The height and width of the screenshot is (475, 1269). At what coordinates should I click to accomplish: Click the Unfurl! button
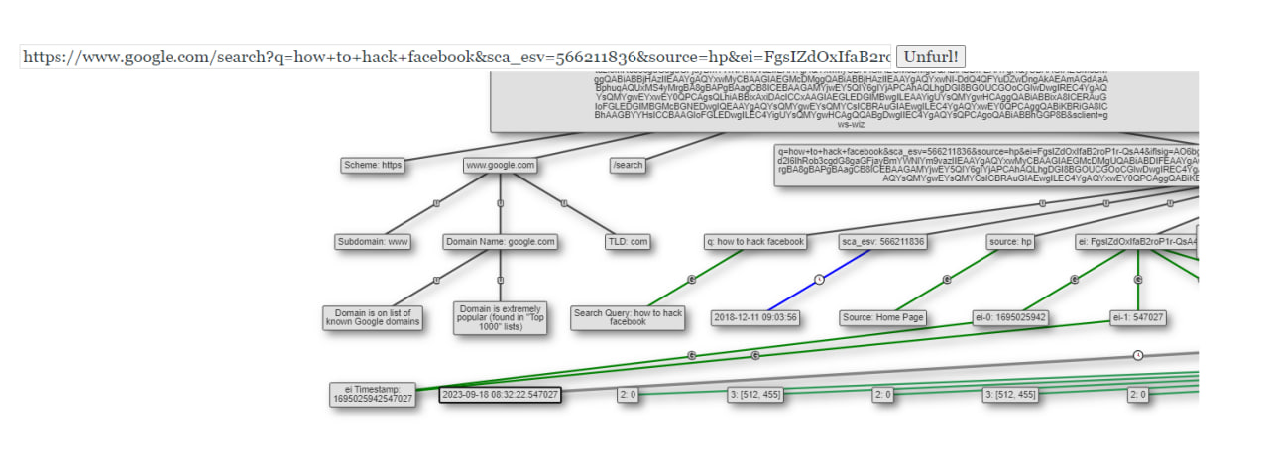pos(932,57)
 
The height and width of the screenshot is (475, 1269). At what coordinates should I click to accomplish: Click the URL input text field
pos(456,57)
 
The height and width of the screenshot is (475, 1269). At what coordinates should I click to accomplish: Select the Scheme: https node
pos(372,165)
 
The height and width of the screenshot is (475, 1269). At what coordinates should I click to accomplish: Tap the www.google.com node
pos(501,165)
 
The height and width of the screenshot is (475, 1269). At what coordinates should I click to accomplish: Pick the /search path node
pos(629,165)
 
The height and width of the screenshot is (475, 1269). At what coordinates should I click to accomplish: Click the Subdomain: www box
pos(372,241)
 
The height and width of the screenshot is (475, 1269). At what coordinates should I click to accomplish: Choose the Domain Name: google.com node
pos(501,241)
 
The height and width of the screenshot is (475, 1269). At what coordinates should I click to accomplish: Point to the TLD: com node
pos(628,241)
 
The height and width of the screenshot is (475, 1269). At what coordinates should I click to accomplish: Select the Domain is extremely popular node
pos(501,317)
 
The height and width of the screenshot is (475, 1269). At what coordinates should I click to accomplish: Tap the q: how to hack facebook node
pos(755,241)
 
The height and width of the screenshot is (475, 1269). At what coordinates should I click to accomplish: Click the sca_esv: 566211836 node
pos(882,241)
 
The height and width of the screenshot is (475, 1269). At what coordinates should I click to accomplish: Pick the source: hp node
pos(1010,241)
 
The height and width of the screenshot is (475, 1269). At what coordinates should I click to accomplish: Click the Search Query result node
pos(628,317)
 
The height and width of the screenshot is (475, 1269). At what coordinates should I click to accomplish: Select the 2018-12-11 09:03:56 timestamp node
pos(755,318)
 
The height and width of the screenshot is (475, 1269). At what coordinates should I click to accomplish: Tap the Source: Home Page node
pos(882,318)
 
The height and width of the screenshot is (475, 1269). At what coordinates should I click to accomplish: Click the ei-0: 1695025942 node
pos(1010,318)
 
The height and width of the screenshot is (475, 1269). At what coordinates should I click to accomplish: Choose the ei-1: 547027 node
pos(1138,318)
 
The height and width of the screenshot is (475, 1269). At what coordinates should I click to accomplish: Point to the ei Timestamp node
pos(373,394)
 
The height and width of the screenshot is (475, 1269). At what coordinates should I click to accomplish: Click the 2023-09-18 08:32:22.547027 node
pos(501,395)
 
